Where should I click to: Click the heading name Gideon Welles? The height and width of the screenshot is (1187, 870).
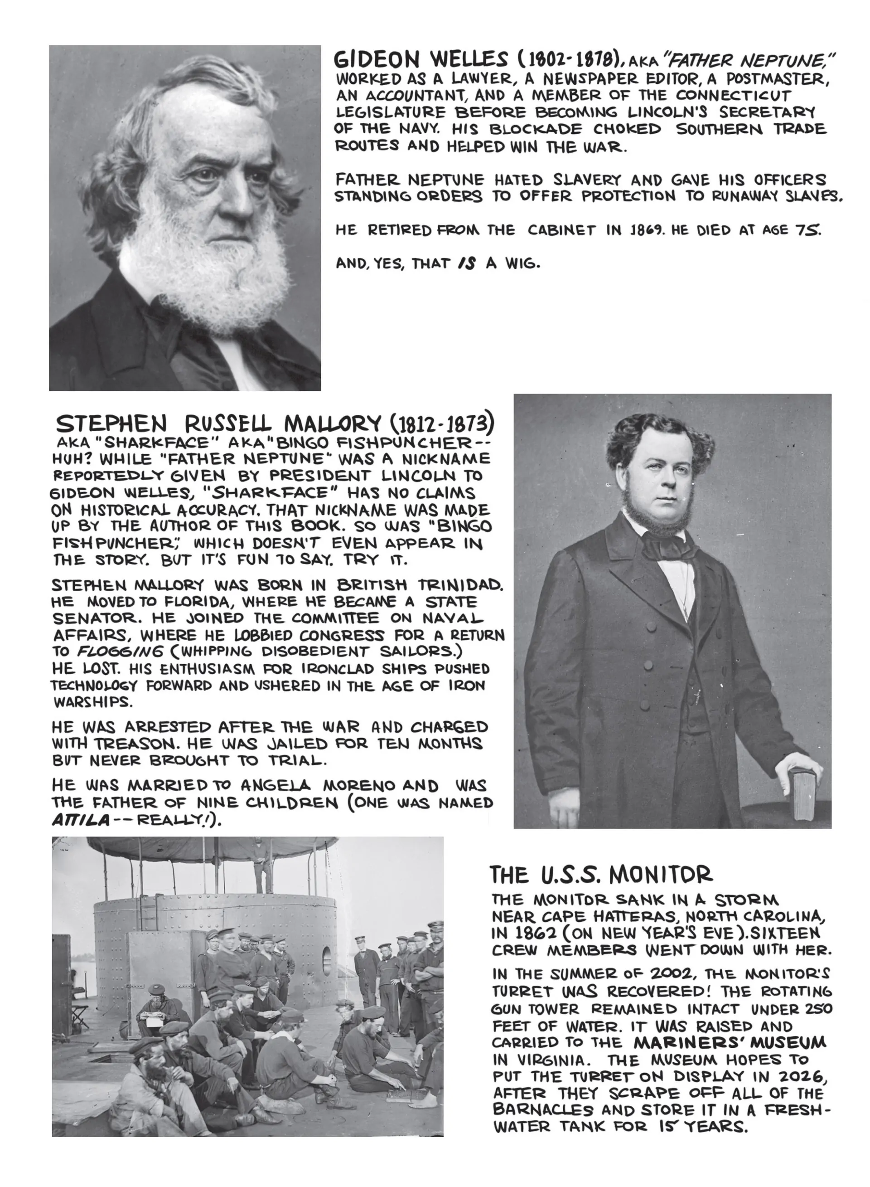click(x=421, y=59)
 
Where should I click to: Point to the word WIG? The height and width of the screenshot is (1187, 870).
click(x=522, y=263)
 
